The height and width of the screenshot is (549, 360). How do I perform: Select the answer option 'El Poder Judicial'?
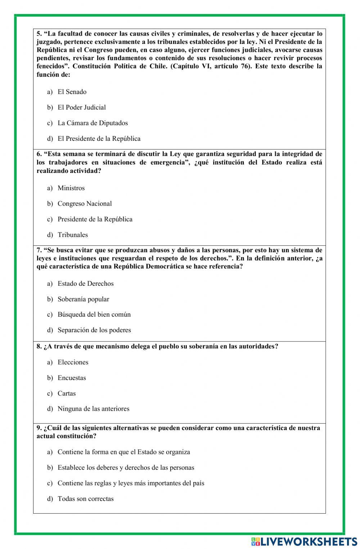coord(82,107)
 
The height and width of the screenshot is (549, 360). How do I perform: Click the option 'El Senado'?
coord(72,92)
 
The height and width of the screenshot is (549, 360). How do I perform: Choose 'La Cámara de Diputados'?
coord(93,123)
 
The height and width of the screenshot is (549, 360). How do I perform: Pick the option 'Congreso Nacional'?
coord(85,204)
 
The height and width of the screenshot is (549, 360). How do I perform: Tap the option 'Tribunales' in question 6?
coord(73,235)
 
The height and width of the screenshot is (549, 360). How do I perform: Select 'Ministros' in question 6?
coord(71,188)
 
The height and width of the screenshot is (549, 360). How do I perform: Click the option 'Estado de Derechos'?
coord(85,284)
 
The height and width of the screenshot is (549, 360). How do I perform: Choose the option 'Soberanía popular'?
coord(83,299)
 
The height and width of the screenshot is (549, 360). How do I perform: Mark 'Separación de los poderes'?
coord(94,330)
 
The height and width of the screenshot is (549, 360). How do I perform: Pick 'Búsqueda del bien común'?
coord(94,314)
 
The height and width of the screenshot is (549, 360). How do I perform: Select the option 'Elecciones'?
coord(73,362)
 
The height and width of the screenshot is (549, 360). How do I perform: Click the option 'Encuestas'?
coord(72,378)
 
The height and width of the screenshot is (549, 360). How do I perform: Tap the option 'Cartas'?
coord(67,393)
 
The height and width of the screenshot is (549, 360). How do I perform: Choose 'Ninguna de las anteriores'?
coord(93,409)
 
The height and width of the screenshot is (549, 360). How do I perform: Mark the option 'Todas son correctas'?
coord(85,499)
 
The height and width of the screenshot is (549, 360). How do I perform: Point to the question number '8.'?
coord(39,347)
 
